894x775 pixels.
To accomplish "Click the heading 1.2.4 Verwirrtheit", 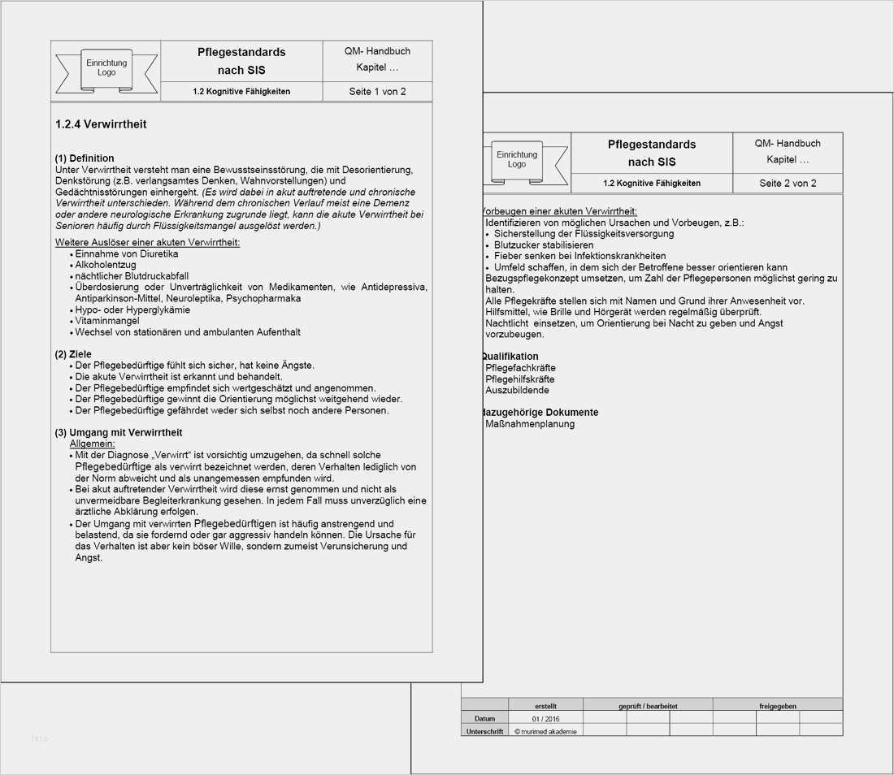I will (101, 124).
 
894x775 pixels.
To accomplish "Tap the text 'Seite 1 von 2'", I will (377, 92).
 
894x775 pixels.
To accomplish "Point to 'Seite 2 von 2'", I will (788, 184).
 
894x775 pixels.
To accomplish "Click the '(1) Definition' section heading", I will (85, 158).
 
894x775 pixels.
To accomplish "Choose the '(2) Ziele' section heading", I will (73, 354).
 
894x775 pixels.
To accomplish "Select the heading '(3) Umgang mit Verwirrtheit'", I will (119, 432).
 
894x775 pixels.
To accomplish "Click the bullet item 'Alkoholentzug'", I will (105, 265).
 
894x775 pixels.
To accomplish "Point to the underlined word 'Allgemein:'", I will (93, 444).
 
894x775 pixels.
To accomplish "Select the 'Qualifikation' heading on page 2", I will (510, 357).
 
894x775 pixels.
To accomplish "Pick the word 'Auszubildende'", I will (517, 391).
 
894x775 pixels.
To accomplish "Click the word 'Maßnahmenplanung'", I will (530, 424).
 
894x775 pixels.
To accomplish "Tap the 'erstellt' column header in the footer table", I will (546, 706).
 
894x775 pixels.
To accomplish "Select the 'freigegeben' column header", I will (777, 706).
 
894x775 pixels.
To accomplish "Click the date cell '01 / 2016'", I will (546, 719).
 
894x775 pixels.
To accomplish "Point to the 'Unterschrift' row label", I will (484, 731).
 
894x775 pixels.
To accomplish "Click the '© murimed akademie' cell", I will (546, 731).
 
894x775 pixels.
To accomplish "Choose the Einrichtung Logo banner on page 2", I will (517, 160).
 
